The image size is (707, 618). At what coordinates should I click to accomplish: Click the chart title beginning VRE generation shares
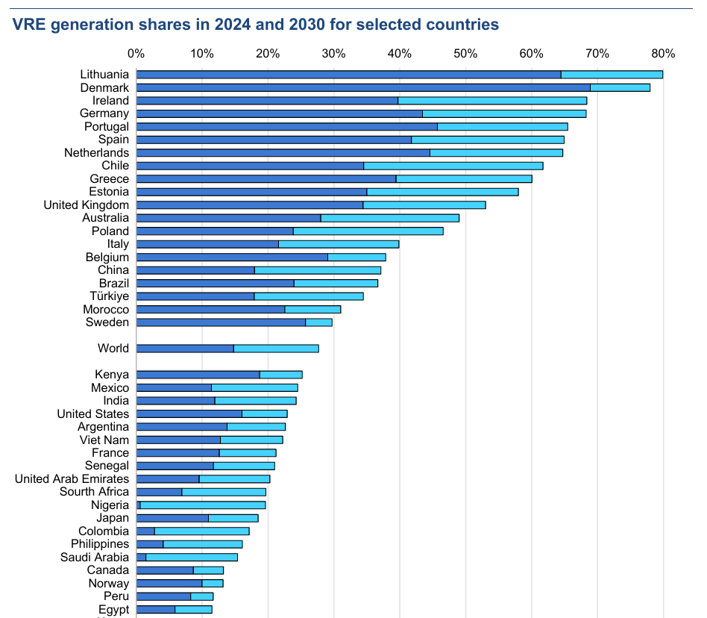[255, 25]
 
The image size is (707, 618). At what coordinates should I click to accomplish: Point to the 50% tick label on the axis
[465, 54]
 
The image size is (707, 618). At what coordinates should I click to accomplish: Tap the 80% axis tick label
[662, 54]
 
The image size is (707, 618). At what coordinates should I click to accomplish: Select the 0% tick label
[136, 54]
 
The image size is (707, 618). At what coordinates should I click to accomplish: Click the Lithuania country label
[104, 75]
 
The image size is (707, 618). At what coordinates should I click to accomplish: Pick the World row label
[113, 349]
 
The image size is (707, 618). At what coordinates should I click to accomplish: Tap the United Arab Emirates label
[72, 479]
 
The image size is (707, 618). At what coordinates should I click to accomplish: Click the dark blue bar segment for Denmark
[362, 87]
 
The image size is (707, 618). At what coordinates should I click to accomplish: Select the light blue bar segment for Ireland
[492, 101]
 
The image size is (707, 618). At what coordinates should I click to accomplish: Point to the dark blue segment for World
[185, 349]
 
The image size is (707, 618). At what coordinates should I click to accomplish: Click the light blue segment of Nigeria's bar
[203, 505]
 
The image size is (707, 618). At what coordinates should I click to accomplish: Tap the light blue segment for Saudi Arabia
[192, 558]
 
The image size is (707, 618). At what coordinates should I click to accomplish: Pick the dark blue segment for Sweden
[221, 322]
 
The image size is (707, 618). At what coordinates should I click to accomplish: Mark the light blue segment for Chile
[453, 166]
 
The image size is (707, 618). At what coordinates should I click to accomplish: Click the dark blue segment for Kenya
[198, 375]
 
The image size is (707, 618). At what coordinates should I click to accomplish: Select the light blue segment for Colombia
[201, 531]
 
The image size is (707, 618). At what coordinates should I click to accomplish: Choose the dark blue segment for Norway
[169, 584]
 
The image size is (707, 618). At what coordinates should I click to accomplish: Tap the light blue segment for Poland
[368, 231]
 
